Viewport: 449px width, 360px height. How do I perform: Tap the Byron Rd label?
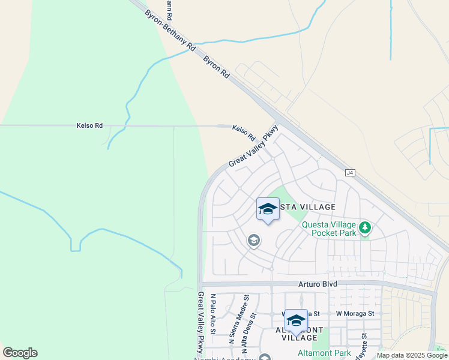click(x=216, y=68)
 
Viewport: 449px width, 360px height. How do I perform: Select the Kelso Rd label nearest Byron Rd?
click(x=243, y=132)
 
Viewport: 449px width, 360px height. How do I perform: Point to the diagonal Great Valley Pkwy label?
click(x=253, y=146)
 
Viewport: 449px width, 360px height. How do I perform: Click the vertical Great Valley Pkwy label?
click(x=201, y=323)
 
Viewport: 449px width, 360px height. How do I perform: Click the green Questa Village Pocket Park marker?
click(x=365, y=228)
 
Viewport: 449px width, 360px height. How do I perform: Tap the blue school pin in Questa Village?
click(x=268, y=209)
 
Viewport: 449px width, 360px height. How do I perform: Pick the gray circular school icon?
click(x=254, y=241)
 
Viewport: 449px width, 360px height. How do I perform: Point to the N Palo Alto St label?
click(x=213, y=312)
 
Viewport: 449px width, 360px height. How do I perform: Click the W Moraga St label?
click(x=355, y=313)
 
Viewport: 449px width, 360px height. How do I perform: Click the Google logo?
click(x=20, y=353)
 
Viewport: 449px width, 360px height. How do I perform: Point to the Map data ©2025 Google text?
click(x=411, y=356)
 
